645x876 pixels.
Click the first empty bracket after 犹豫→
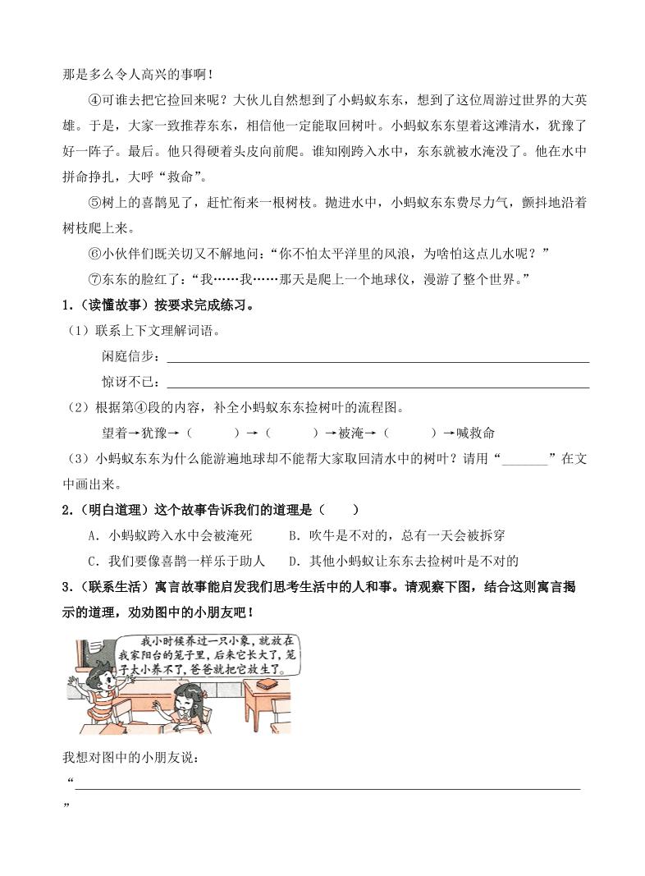[212, 433]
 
